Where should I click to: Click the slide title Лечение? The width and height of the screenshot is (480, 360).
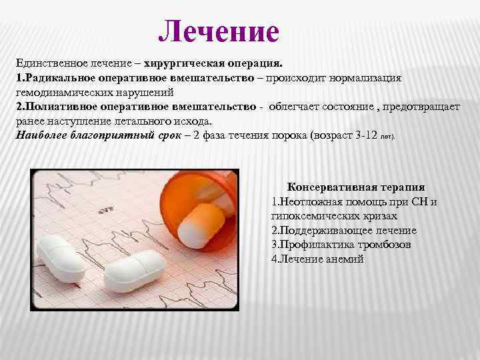tap(219, 31)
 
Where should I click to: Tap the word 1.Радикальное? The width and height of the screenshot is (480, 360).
tap(56, 78)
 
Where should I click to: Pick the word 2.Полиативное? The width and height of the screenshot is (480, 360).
tap(55, 107)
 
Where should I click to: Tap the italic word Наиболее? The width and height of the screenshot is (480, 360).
tap(42, 135)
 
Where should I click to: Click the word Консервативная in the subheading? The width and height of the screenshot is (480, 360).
tap(327, 187)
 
